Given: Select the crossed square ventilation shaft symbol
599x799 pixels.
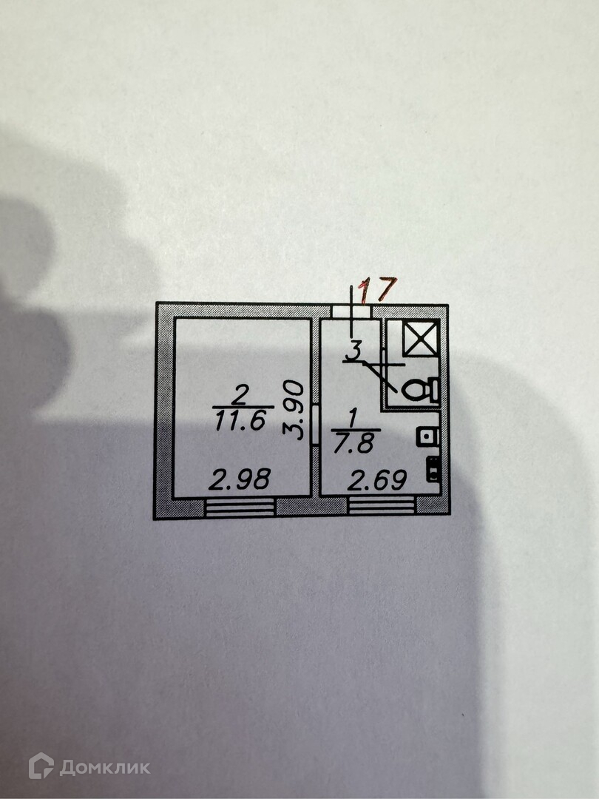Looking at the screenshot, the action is pos(421,338).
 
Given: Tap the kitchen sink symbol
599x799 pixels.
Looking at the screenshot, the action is pos(427,436).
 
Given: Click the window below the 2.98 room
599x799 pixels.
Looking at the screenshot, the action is pos(240,507).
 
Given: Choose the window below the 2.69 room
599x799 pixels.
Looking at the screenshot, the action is pos(382,507).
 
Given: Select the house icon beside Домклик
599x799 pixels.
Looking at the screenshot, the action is pos(41,766).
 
